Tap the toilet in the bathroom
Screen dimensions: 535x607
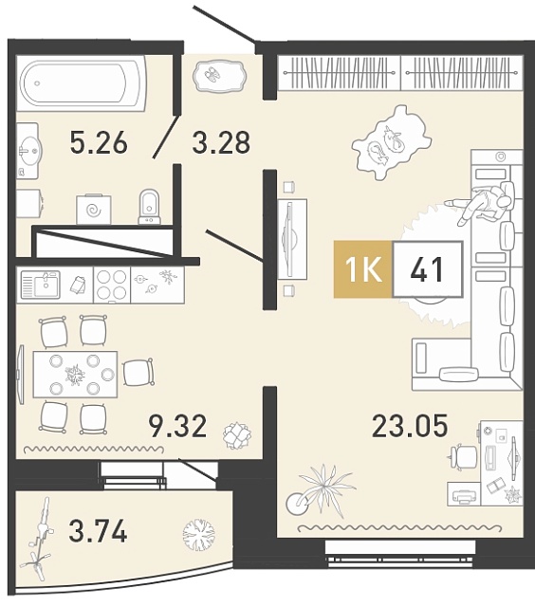click(x=150, y=207)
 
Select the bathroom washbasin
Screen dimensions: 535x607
click(x=28, y=151)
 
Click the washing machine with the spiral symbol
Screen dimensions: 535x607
click(x=94, y=209)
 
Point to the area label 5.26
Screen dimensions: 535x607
click(x=99, y=142)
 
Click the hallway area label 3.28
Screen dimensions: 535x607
click(x=221, y=142)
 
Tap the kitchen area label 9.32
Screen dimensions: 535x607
click(x=178, y=426)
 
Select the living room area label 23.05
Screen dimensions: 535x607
click(x=410, y=426)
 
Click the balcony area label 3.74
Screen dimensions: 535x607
click(x=98, y=531)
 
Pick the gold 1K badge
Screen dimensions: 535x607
click(x=363, y=269)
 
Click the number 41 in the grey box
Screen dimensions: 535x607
click(x=427, y=269)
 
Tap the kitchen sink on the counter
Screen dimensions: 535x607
click(x=40, y=285)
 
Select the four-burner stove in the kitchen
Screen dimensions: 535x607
click(x=112, y=285)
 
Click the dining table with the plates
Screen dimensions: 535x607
click(x=75, y=375)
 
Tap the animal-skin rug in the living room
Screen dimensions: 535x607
click(x=390, y=143)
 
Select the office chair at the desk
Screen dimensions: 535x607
click(x=462, y=458)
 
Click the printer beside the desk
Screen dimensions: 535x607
click(x=464, y=494)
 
